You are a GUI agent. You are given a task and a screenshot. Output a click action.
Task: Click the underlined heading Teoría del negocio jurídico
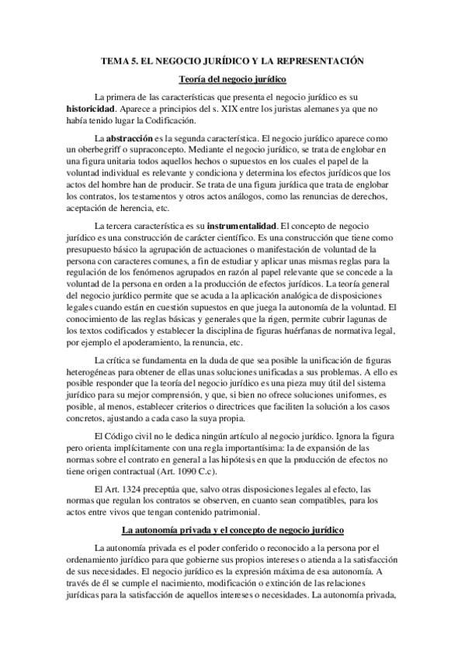(232, 78)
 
